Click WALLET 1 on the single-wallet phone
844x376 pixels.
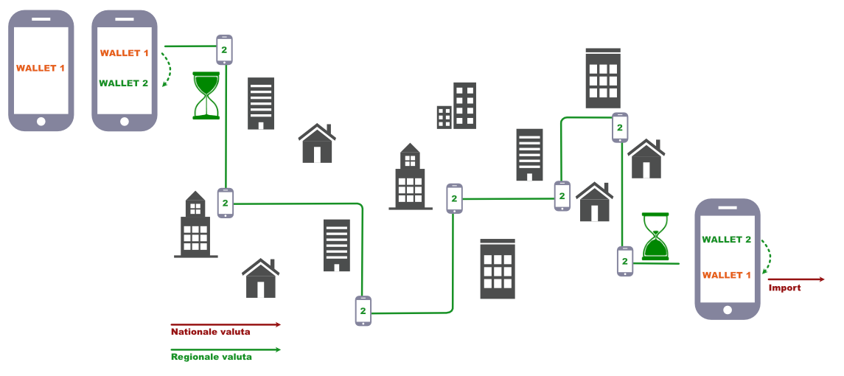pos(41,69)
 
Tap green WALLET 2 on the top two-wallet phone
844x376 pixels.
pos(124,83)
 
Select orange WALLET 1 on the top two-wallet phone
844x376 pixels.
pos(124,53)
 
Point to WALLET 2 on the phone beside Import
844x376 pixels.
pos(727,240)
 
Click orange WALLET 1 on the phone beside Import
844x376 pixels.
pos(727,275)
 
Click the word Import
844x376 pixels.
pos(784,288)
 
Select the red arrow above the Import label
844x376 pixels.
pos(796,279)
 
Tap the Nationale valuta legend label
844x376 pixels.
pos(210,333)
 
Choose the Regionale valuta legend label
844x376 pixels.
pos(212,358)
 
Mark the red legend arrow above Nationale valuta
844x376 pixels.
pos(226,324)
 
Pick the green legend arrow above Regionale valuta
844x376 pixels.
pos(226,349)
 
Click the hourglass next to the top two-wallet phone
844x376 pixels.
pos(206,95)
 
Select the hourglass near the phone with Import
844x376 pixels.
pos(655,237)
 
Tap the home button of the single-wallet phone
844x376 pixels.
pos(41,121)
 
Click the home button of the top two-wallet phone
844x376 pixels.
pos(124,121)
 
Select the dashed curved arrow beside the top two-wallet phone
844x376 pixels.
pos(169,70)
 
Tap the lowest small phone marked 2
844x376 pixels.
pos(363,311)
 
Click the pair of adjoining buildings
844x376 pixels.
pos(456,106)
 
